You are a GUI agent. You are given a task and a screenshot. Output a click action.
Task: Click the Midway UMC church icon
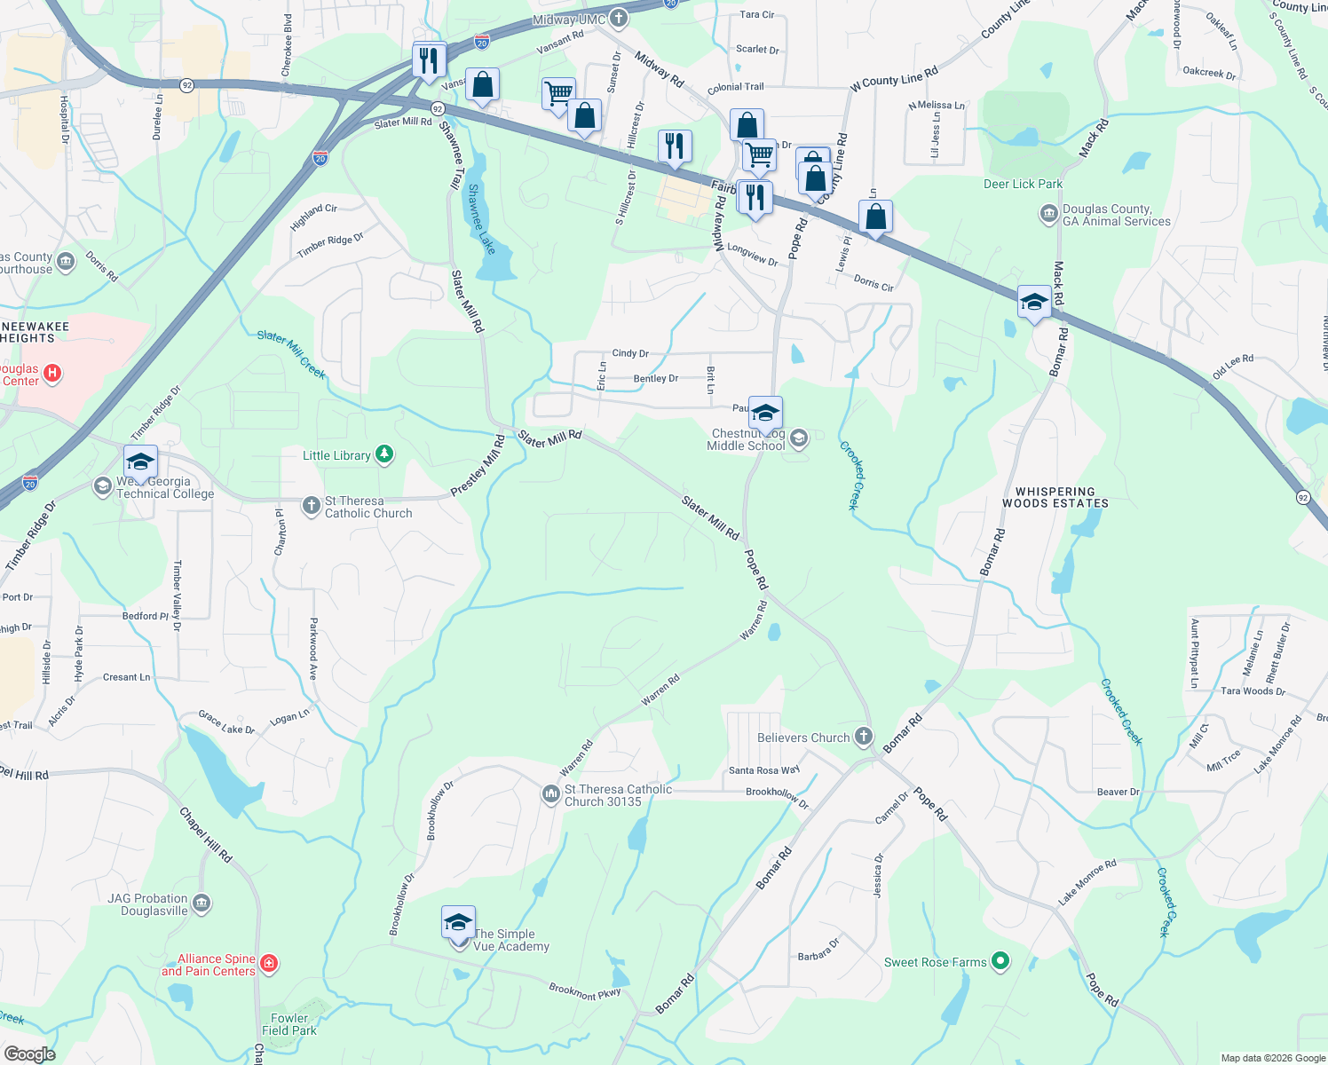click(619, 19)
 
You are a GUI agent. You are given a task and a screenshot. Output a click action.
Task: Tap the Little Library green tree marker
click(383, 455)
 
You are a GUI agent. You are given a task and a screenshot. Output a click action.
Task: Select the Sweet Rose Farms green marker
click(1000, 961)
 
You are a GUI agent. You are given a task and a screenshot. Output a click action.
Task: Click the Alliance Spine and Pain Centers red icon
click(269, 964)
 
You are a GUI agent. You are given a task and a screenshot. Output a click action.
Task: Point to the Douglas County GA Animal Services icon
click(1048, 215)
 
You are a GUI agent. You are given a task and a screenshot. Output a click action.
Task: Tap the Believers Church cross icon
click(864, 737)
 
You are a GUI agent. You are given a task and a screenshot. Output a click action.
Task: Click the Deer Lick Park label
click(1023, 184)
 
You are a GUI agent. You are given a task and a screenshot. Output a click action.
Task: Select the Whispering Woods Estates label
click(1055, 497)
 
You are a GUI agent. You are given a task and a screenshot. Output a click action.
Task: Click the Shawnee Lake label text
click(480, 218)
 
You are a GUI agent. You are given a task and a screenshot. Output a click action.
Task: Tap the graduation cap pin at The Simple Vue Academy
click(458, 924)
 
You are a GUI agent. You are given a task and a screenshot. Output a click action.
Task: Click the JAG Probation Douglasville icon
click(202, 904)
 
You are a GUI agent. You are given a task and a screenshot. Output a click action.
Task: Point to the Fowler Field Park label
click(289, 1024)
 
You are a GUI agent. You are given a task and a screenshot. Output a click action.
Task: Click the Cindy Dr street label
click(630, 353)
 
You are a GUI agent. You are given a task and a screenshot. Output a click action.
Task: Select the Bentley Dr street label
click(656, 379)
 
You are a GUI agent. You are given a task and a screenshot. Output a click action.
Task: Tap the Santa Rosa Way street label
click(763, 770)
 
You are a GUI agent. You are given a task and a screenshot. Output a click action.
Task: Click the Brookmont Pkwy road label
click(584, 990)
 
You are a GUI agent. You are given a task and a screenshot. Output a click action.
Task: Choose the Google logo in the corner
click(29, 1053)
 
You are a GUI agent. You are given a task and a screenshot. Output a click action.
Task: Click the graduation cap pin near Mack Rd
click(1034, 303)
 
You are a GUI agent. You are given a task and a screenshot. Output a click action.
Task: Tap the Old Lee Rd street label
click(1233, 366)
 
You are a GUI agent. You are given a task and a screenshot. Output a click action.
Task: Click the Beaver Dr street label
click(1118, 792)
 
